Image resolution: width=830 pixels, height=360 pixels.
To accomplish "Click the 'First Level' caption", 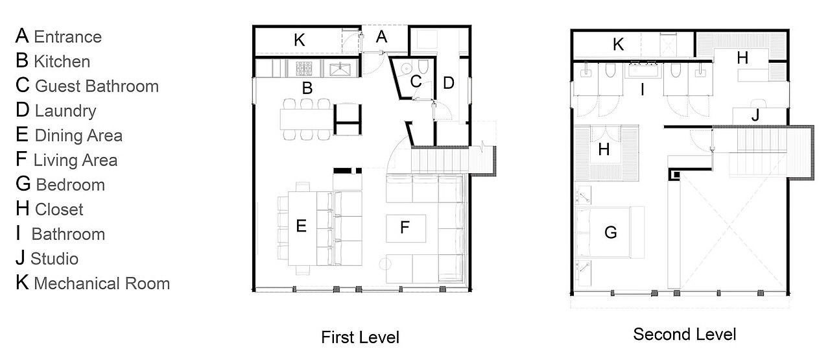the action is pos(360,337).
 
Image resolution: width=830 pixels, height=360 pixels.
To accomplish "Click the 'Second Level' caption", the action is pos(684,335).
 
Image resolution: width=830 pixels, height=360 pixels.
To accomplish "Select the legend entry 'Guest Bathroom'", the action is pos(97,86).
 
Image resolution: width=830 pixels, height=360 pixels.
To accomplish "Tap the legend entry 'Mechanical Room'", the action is pos(102,283).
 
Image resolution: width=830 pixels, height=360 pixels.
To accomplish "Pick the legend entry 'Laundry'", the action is pos(65,111).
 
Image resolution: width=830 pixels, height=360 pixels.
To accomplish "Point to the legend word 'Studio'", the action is pos(54,259).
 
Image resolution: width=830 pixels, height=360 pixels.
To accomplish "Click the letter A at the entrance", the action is pos(382,37).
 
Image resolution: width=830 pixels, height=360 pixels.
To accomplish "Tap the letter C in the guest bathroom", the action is pos(416,82).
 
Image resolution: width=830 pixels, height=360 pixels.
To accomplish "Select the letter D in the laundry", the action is pos(448,83).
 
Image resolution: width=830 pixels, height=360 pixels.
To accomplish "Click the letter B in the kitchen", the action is pos(307,88).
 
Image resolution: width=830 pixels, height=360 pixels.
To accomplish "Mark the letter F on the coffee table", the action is pos(405,227).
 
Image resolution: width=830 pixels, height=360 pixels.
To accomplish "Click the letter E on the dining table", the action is pos(302,226).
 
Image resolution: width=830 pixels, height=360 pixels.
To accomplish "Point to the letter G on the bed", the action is pos(611,233).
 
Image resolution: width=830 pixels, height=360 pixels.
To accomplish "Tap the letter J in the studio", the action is pos(755,115).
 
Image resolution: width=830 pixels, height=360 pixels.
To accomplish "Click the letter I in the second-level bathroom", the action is pos(643,90).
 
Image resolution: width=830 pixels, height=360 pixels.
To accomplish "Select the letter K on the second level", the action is pos(618,44).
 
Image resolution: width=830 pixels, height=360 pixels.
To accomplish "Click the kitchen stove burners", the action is pos(303,69).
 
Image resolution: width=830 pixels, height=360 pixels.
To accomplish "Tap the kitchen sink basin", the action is pos(340,69).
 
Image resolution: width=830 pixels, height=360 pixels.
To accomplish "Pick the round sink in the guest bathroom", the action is pos(407,68).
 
